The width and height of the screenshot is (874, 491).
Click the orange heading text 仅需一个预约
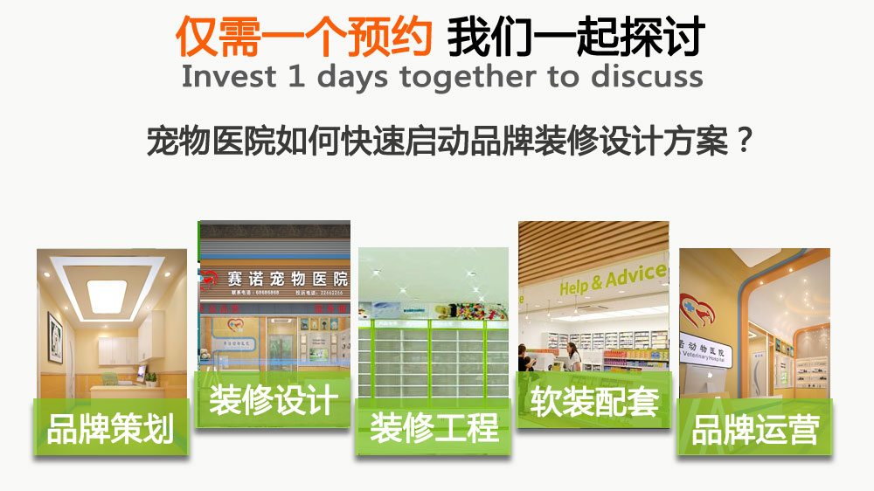304,36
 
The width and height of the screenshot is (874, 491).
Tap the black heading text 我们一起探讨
576,36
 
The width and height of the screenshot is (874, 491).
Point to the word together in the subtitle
470,77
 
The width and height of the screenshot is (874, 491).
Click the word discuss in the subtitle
647,76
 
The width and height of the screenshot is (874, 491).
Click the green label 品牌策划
110,429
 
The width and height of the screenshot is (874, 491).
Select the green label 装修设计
273,400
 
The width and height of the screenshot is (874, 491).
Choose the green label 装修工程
434,427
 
